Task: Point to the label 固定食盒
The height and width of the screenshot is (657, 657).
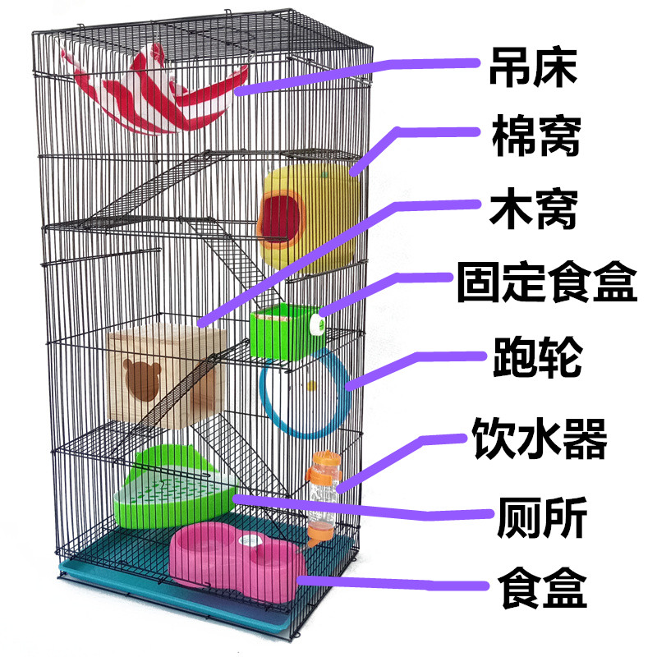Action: pyautogui.click(x=547, y=283)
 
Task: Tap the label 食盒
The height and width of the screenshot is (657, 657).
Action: pyautogui.click(x=540, y=586)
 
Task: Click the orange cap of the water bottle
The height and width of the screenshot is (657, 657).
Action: pyautogui.click(x=320, y=474)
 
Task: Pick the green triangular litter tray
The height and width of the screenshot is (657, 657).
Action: pyautogui.click(x=172, y=493)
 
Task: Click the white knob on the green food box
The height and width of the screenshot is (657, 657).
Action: pyautogui.click(x=313, y=328)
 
